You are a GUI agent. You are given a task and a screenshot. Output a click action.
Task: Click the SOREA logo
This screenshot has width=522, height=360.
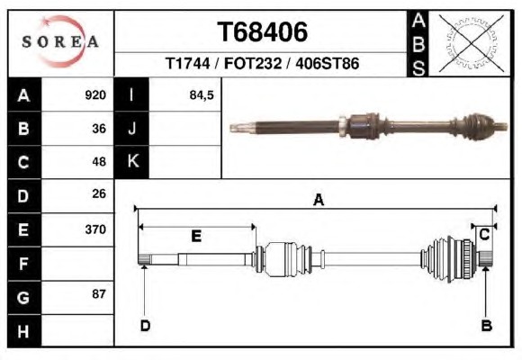point(60,41)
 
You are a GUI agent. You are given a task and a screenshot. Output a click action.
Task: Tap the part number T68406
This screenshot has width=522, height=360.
point(262,32)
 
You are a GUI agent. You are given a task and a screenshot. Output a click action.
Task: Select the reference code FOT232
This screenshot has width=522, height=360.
point(253,63)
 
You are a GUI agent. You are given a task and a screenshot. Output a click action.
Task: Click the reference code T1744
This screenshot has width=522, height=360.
point(188,63)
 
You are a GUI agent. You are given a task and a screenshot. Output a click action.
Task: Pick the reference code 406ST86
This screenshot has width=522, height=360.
point(328,63)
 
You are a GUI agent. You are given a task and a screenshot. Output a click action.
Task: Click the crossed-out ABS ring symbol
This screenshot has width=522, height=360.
point(472,43)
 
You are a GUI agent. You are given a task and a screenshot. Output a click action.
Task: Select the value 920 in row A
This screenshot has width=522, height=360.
point(95,95)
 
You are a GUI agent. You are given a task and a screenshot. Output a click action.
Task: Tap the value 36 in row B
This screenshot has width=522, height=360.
point(99,129)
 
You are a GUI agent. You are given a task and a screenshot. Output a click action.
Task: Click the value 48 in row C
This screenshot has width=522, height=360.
point(99,162)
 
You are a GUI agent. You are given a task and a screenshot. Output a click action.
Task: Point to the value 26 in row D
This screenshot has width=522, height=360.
point(99,193)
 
